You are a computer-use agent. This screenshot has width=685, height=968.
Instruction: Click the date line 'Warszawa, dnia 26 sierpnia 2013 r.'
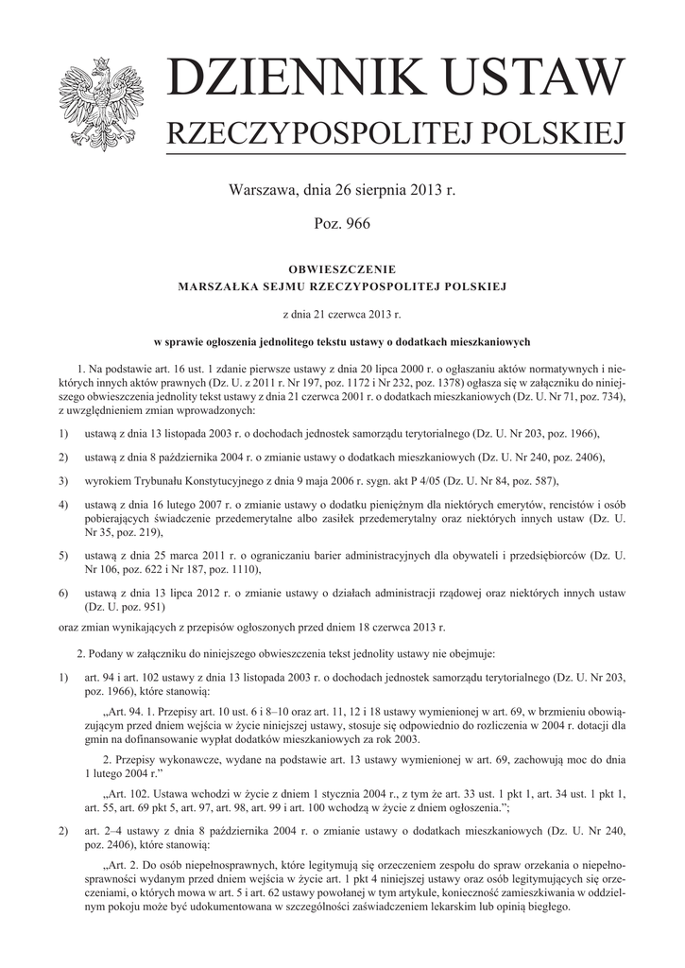[342, 190]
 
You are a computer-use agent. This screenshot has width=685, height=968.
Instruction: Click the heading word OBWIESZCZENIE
[341, 268]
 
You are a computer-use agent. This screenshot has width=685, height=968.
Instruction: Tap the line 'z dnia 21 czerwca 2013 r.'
[342, 312]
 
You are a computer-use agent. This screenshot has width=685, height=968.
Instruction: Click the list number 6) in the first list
[63, 592]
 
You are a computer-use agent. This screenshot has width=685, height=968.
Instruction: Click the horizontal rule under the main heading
[396, 155]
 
